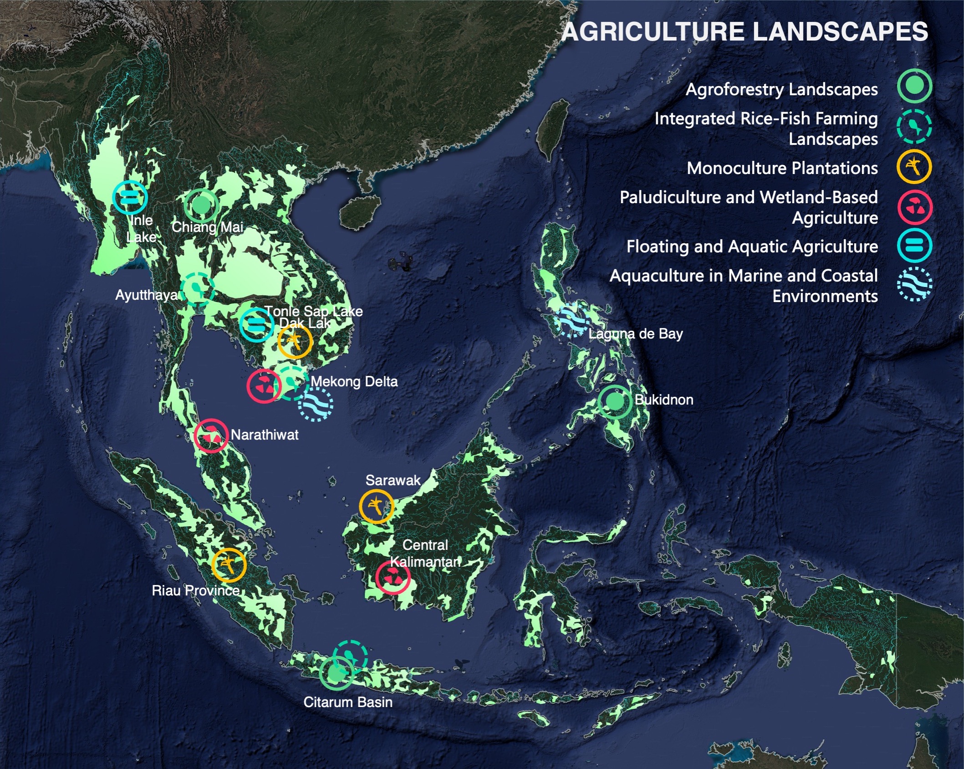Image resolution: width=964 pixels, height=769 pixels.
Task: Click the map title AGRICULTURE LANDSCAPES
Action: coord(745,32)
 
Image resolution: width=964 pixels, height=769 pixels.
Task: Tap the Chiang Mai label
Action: coord(207,227)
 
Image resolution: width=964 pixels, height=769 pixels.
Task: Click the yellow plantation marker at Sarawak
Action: coord(376,506)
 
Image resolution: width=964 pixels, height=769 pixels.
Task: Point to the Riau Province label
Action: coord(196,591)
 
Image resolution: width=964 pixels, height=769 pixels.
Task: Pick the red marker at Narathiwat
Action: coord(211,436)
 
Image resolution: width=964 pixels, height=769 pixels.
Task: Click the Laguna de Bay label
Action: coord(635,334)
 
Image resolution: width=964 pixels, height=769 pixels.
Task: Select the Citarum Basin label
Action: coord(348,702)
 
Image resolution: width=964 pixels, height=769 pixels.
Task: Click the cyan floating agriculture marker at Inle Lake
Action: coord(130,198)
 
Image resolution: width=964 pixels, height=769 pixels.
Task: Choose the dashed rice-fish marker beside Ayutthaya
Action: coord(197,289)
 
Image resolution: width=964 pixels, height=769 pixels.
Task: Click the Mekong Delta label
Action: coord(354,381)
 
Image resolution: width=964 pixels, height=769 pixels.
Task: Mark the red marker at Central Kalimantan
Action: coord(393,577)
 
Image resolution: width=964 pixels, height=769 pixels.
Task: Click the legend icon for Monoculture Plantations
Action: coord(914,167)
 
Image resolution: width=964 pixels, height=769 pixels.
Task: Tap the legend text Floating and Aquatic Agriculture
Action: coord(752,246)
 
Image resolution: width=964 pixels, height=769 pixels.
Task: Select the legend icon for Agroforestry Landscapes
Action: coord(914,86)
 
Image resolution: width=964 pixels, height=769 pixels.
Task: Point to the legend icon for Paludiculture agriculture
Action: coord(914,207)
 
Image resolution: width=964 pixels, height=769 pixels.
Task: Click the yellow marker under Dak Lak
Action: coord(295,341)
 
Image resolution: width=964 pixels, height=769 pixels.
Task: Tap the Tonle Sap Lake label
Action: coord(314,312)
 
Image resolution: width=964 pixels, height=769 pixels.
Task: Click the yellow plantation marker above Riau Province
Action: coord(229,565)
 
